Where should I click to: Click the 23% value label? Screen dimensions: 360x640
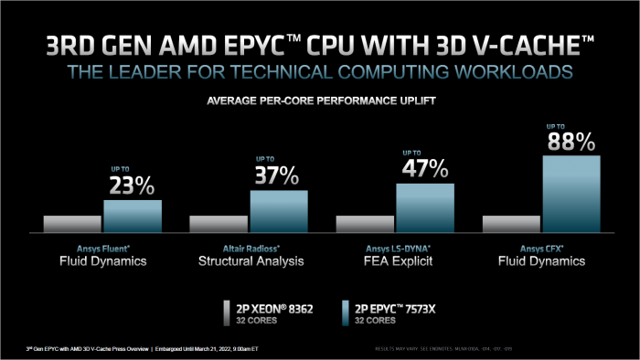point(133,186)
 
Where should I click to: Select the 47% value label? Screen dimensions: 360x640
point(425,169)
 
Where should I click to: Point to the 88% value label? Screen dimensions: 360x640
point(571,142)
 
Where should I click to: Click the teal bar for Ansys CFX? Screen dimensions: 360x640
point(571,194)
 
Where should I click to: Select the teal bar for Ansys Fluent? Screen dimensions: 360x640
point(133,216)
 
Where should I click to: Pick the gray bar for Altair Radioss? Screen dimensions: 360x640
point(219,224)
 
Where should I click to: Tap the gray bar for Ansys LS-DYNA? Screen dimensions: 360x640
point(365,224)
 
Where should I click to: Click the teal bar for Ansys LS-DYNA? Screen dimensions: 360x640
point(425,207)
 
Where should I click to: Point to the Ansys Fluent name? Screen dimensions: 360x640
point(102,248)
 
